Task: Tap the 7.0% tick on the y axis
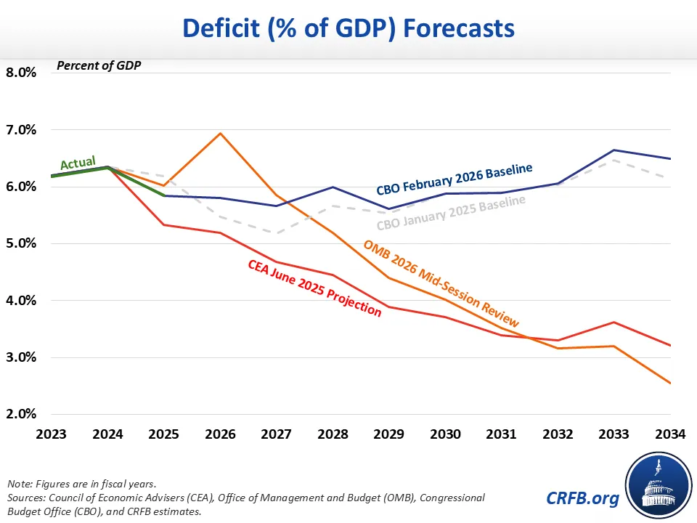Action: click(22, 130)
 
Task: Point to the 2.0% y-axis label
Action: click(22, 414)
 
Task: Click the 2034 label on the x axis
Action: click(670, 435)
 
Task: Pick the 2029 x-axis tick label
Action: click(389, 435)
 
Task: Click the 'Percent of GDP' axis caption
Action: click(99, 66)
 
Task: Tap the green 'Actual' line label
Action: click(78, 163)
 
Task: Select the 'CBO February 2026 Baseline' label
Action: click(455, 179)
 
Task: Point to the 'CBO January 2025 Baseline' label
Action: click(451, 212)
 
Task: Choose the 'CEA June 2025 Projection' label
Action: click(314, 288)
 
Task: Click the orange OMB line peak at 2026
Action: click(220, 133)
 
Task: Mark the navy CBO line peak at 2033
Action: click(614, 150)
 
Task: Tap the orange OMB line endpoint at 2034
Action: click(669, 383)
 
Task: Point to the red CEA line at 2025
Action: click(164, 225)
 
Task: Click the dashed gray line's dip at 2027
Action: click(277, 233)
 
